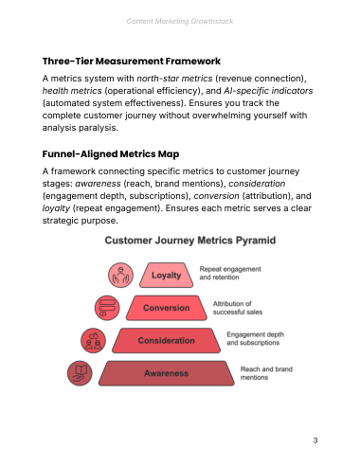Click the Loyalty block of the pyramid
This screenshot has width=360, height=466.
pos(166,275)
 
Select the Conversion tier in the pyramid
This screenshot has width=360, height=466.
pos(167,308)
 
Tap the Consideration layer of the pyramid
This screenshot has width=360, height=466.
pos(167,341)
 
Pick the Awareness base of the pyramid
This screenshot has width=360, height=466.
pos(167,373)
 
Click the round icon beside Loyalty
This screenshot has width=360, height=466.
pos(120,275)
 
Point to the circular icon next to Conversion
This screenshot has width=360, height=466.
pos(107,308)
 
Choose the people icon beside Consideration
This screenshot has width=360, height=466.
pos(93,341)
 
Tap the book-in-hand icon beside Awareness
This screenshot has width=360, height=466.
pos(80,373)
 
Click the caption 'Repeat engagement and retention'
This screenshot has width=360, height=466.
pos(230,273)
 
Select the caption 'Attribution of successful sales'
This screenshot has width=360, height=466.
pos(238,308)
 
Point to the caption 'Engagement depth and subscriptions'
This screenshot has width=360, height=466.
pos(255,338)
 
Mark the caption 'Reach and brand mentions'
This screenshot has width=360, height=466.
pos(266,373)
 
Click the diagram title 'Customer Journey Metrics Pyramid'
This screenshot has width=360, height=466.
pos(190,241)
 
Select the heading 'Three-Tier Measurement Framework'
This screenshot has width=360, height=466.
pos(132,61)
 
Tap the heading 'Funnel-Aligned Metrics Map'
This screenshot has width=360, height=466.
pos(111,154)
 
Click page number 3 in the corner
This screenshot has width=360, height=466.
pos(315,440)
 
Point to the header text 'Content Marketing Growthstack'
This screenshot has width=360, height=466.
pos(180,21)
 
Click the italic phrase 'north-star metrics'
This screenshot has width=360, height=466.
pos(174,79)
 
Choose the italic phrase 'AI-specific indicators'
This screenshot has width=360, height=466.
pos(268,91)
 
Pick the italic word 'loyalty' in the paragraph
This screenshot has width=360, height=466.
pos(56,208)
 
